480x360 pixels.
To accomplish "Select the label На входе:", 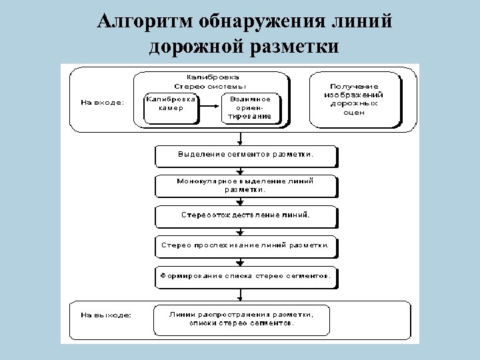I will (x=102, y=103).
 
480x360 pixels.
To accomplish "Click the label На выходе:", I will (x=105, y=313).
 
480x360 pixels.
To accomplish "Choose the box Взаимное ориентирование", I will (x=249, y=107).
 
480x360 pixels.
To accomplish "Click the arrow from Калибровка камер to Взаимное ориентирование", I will (x=210, y=107).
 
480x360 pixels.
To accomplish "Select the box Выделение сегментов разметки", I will (x=245, y=155).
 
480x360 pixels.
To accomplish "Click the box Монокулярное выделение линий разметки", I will (x=245, y=185).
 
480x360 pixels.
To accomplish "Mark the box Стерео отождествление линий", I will (x=245, y=215).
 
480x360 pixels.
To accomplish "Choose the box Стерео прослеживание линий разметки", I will (x=245, y=245).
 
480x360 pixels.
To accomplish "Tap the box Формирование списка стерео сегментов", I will (x=245, y=275).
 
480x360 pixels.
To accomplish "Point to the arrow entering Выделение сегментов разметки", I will (x=239, y=138).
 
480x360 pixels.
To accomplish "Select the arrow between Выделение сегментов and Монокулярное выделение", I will (x=239, y=171).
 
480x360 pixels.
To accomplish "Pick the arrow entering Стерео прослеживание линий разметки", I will (x=239, y=231).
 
